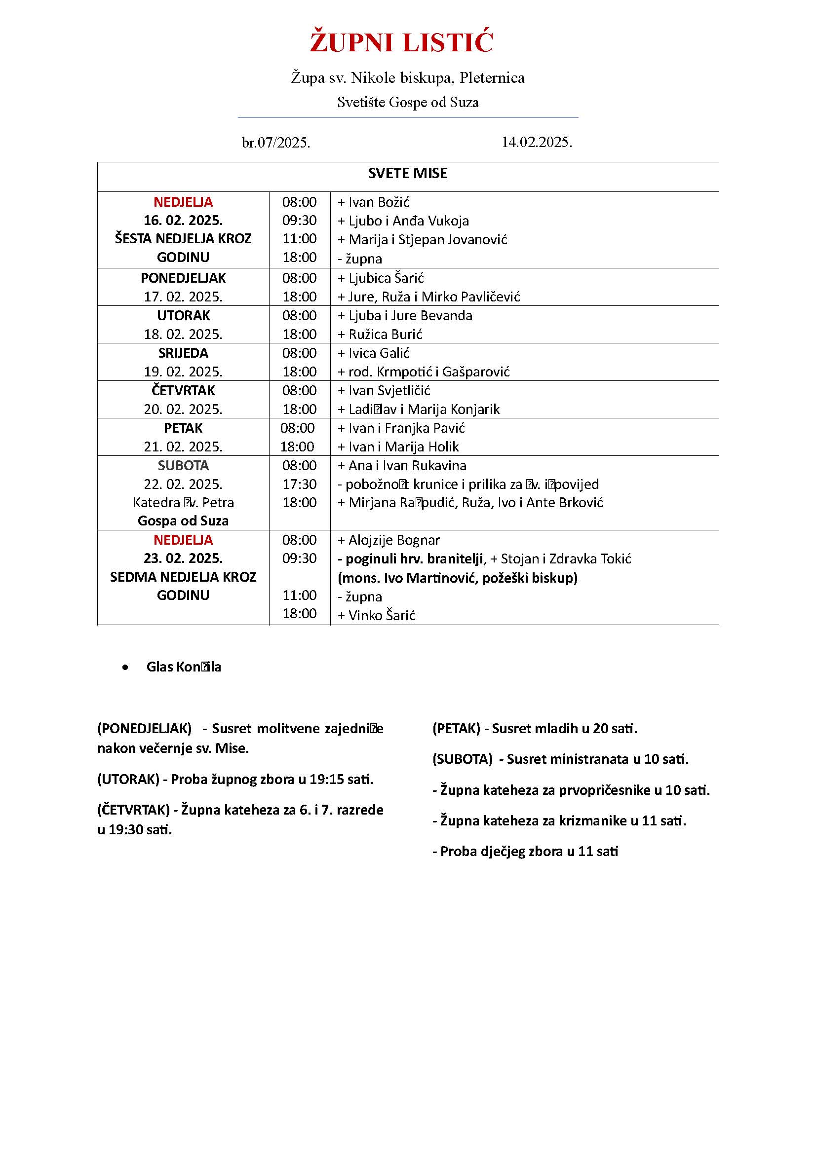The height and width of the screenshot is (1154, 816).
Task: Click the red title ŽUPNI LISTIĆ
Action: coord(401,42)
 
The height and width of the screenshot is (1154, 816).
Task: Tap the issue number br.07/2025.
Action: coord(276,143)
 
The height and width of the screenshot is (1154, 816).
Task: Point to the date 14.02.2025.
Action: coord(537,142)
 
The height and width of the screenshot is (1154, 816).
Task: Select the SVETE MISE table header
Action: coord(407,173)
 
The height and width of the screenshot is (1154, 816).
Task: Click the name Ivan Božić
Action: coord(379,202)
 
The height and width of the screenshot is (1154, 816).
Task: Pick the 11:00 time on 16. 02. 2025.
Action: coord(299,239)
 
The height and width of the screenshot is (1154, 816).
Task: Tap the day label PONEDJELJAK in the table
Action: coord(183,278)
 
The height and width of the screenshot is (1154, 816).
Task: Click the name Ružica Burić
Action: coord(385,334)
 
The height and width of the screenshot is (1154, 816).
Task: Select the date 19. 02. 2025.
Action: coord(183,372)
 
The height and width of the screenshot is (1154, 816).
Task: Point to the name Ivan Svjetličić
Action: coord(389,391)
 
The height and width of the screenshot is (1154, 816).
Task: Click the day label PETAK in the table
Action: coord(183,428)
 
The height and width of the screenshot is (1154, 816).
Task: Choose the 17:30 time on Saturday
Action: coord(299,484)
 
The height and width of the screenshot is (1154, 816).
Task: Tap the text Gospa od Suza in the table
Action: coord(183,521)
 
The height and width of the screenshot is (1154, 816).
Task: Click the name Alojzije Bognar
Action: coord(393,540)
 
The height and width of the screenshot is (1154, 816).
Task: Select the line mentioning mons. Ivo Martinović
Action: coord(457,578)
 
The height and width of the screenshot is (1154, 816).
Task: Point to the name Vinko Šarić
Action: coord(382,615)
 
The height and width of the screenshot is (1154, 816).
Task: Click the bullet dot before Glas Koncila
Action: coord(125,668)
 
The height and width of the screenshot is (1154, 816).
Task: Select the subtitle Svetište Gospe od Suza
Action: coord(408,103)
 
